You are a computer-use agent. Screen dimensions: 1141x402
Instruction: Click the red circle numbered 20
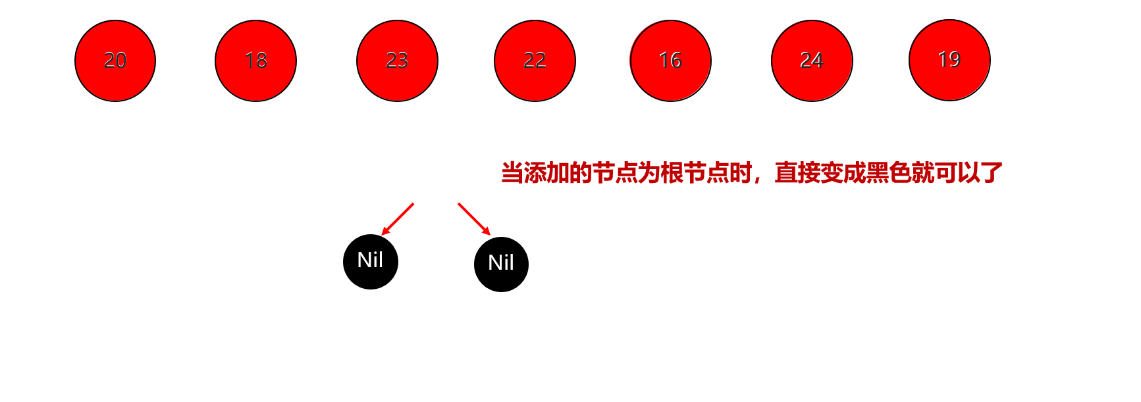click(x=115, y=61)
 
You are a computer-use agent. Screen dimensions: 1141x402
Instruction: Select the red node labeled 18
click(x=255, y=61)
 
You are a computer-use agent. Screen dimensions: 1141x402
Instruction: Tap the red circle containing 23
click(x=397, y=61)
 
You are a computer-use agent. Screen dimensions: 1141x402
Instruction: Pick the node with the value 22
click(x=535, y=61)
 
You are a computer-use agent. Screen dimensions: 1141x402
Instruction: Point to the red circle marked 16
click(x=670, y=61)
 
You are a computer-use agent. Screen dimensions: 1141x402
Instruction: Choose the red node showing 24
click(x=812, y=61)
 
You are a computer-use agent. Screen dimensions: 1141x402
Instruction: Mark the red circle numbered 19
click(x=949, y=60)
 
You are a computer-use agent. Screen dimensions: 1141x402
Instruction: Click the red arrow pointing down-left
click(x=398, y=219)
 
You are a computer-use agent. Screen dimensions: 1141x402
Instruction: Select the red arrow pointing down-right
click(x=474, y=219)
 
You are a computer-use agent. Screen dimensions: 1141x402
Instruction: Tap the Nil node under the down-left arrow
click(x=371, y=261)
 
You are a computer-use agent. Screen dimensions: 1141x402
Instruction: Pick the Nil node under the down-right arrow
click(x=501, y=264)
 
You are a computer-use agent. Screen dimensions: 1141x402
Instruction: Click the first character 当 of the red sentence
click(x=512, y=173)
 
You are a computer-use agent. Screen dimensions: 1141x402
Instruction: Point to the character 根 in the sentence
click(x=672, y=173)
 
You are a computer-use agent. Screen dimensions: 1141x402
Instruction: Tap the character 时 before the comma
click(x=740, y=173)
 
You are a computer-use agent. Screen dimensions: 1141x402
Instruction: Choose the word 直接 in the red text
click(x=797, y=173)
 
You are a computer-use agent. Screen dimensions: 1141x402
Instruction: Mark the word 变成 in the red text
click(x=842, y=173)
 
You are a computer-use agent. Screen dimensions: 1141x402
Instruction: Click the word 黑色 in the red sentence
click(x=888, y=173)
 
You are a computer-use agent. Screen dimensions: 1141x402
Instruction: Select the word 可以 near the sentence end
click(x=957, y=173)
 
